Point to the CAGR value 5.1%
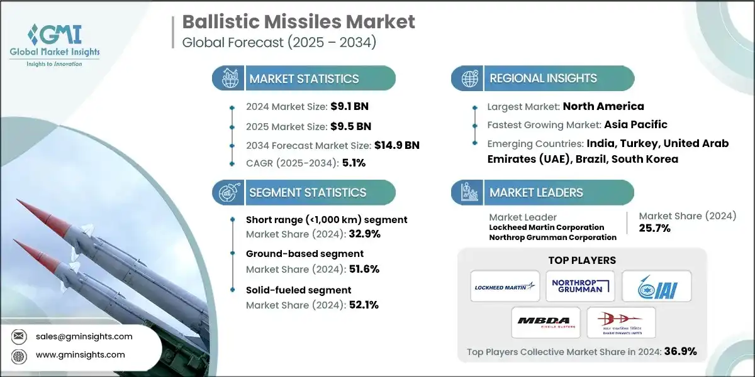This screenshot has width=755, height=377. click(x=353, y=163)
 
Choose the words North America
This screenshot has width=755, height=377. click(x=603, y=106)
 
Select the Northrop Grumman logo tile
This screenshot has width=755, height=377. click(x=580, y=286)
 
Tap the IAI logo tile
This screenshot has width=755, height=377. click(x=657, y=286)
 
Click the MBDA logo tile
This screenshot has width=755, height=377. click(x=544, y=322)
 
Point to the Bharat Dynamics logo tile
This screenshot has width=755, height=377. click(x=622, y=322)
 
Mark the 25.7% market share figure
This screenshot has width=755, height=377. click(x=655, y=228)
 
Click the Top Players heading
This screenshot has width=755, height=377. click(x=582, y=260)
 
